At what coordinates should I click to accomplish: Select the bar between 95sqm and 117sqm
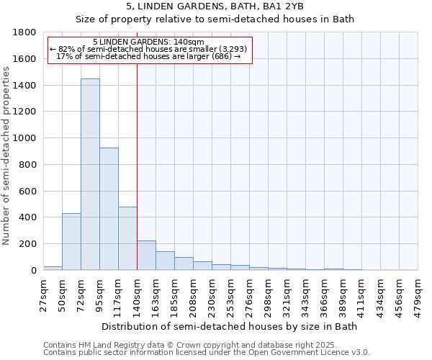pos(109,209)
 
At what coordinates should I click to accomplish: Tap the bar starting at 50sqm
pos(71,242)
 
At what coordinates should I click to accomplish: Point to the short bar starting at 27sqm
pos(53,268)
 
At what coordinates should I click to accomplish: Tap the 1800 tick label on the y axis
pos(25,32)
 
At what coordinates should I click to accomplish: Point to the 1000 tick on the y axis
pos(25,138)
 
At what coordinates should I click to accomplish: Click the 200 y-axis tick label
pos(28,244)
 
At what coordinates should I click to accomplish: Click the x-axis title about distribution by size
pos(230,326)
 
